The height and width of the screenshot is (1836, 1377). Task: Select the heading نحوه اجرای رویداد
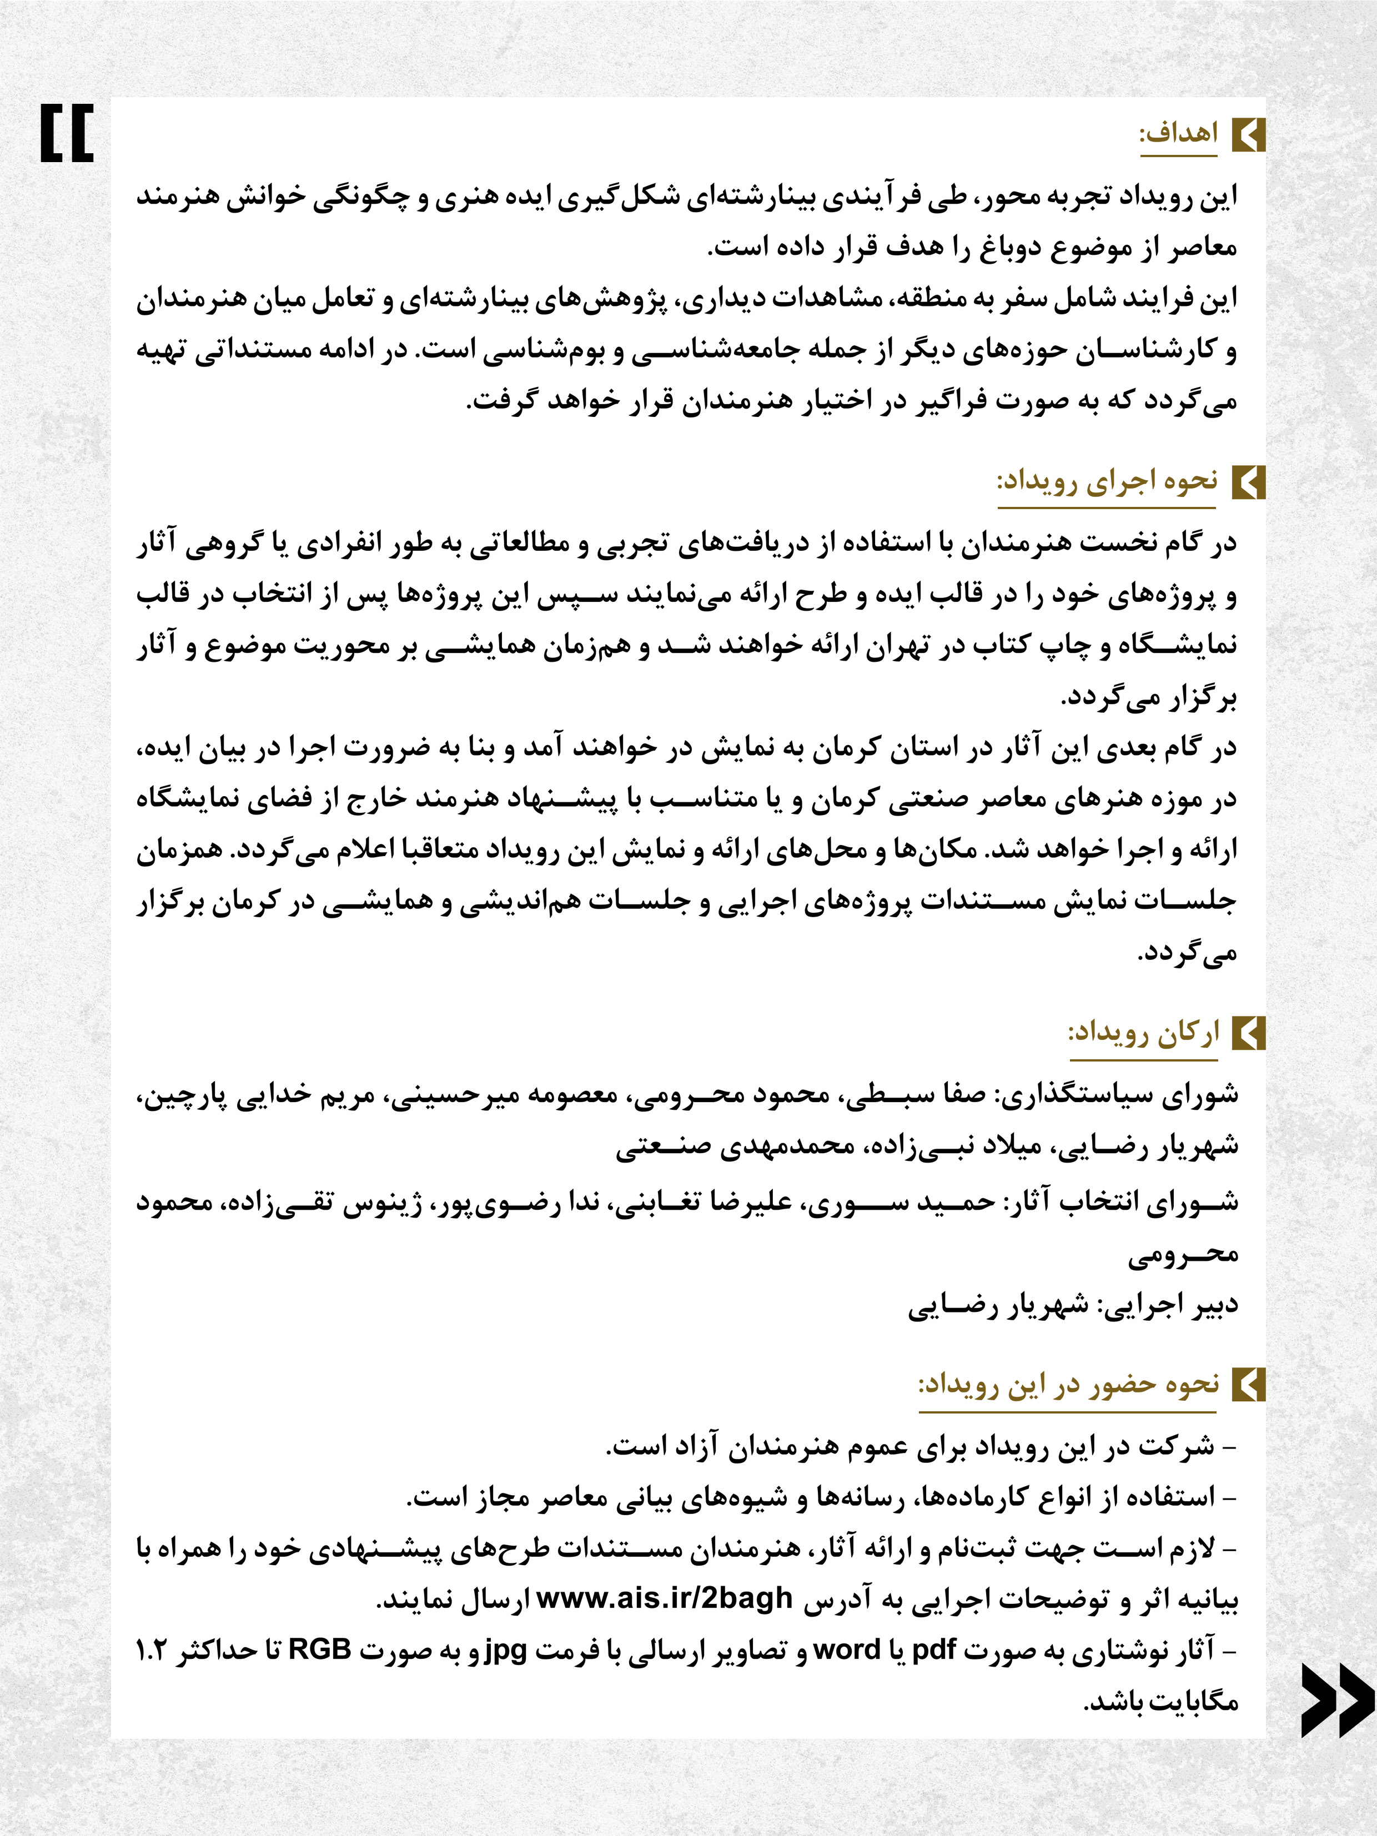point(1107,481)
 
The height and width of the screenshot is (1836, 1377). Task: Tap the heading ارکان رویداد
point(1143,1033)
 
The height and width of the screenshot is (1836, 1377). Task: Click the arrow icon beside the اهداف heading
point(1248,134)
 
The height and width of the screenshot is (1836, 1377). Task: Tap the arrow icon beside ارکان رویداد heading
point(1248,1033)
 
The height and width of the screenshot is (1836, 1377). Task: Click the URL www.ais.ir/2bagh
point(665,1598)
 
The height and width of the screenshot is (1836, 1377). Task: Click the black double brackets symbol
point(67,133)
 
